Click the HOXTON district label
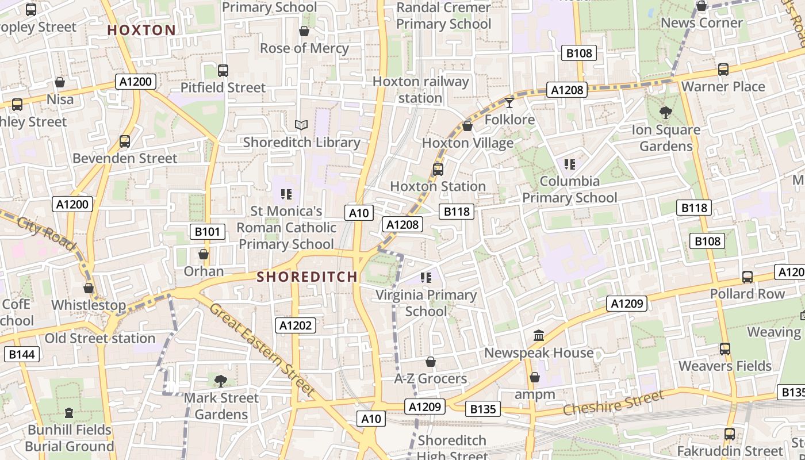point(141,30)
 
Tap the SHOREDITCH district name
point(307,277)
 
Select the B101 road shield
point(207,232)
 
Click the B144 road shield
point(22,354)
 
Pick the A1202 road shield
point(296,325)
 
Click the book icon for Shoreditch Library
point(301,125)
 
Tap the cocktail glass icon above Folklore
point(509,102)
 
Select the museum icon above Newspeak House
point(539,335)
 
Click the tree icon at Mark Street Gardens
point(220,380)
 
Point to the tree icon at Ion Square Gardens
point(666,112)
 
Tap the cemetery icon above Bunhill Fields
point(69,412)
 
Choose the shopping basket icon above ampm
point(535,377)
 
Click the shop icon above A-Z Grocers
point(430,362)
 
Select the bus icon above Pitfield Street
point(223,71)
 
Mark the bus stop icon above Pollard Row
point(747,277)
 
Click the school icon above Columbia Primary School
point(570,164)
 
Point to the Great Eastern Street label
point(262,350)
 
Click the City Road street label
point(46,233)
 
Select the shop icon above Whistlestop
point(89,287)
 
